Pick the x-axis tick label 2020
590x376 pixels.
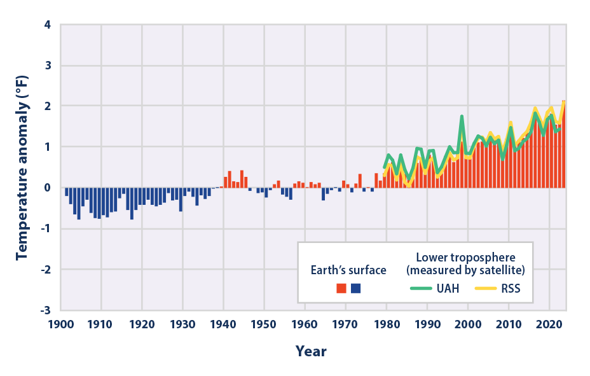[549, 324]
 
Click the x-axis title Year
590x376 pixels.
[311, 351]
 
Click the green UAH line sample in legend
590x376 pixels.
[420, 288]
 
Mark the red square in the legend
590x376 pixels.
[341, 288]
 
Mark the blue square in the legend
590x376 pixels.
[355, 288]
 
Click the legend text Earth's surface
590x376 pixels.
[348, 270]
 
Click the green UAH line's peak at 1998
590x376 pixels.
[462, 116]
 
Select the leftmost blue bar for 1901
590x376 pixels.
[66, 191]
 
